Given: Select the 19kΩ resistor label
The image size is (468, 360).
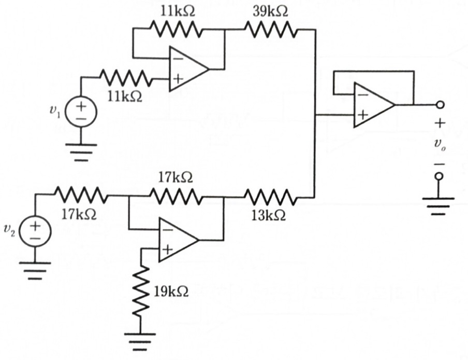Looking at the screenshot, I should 171,290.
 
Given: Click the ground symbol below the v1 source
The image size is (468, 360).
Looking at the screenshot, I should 81,152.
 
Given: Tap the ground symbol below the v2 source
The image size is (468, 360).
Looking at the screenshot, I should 35,270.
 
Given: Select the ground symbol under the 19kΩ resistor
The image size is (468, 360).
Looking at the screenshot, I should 140,340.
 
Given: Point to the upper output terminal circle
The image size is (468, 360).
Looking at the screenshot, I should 440,105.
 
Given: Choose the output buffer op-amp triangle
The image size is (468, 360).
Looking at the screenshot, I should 371,105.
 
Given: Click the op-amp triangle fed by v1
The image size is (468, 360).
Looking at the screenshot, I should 186,69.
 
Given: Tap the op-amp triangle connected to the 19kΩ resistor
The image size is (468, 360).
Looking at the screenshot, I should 176,240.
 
